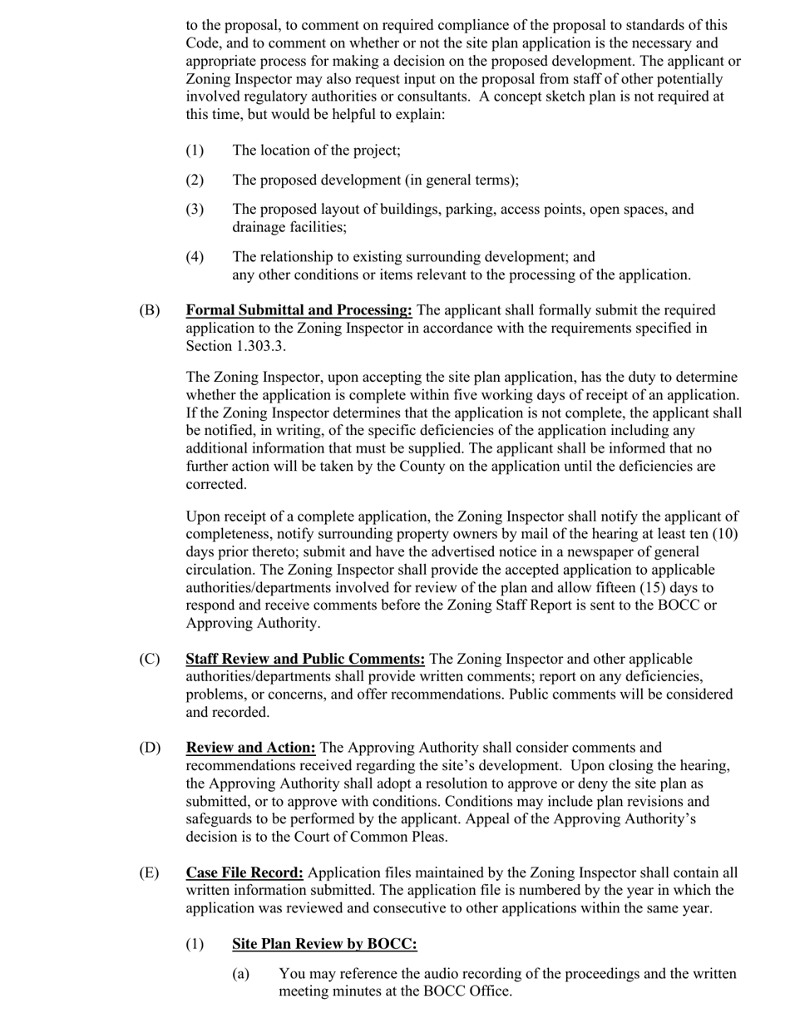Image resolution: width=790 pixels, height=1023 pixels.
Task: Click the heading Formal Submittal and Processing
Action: [299, 310]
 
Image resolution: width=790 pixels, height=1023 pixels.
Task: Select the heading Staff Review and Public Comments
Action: [305, 659]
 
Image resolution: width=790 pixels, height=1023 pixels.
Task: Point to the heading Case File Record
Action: [244, 872]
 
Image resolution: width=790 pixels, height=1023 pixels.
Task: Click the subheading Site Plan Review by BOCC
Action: [324, 943]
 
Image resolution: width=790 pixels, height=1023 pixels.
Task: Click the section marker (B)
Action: [150, 310]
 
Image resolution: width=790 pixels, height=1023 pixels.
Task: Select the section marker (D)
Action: [150, 747]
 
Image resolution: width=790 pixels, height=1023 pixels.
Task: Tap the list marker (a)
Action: [241, 973]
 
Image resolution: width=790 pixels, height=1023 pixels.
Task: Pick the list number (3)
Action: [195, 209]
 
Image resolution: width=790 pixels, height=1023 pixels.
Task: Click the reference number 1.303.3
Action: [259, 346]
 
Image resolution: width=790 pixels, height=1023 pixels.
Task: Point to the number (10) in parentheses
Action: [725, 534]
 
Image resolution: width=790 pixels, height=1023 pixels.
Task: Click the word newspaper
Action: [563, 552]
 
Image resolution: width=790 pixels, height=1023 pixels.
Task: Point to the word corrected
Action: [216, 484]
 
